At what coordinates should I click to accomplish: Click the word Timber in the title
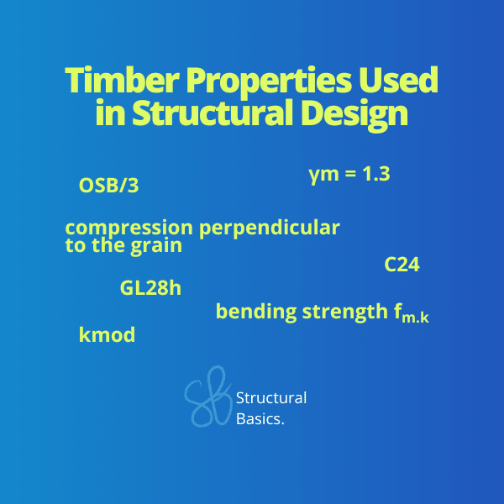tap(122, 80)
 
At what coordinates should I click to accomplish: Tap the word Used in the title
tap(398, 80)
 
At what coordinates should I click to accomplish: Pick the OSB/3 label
tap(108, 186)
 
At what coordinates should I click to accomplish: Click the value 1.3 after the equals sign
tap(376, 174)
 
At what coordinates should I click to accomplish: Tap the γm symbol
tap(323, 176)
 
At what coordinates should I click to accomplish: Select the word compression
tap(129, 228)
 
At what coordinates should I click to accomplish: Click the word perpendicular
tap(270, 228)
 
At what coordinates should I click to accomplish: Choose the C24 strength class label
tap(402, 265)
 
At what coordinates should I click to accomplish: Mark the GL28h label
tap(150, 288)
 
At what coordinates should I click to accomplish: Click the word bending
tap(256, 312)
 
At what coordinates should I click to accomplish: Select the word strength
tap(345, 312)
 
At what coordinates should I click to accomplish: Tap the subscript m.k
tap(415, 318)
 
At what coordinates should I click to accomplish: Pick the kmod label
tap(107, 334)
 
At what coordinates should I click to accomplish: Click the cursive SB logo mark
tap(208, 396)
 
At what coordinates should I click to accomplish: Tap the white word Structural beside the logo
tap(271, 398)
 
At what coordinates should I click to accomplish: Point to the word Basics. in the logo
tap(260, 419)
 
